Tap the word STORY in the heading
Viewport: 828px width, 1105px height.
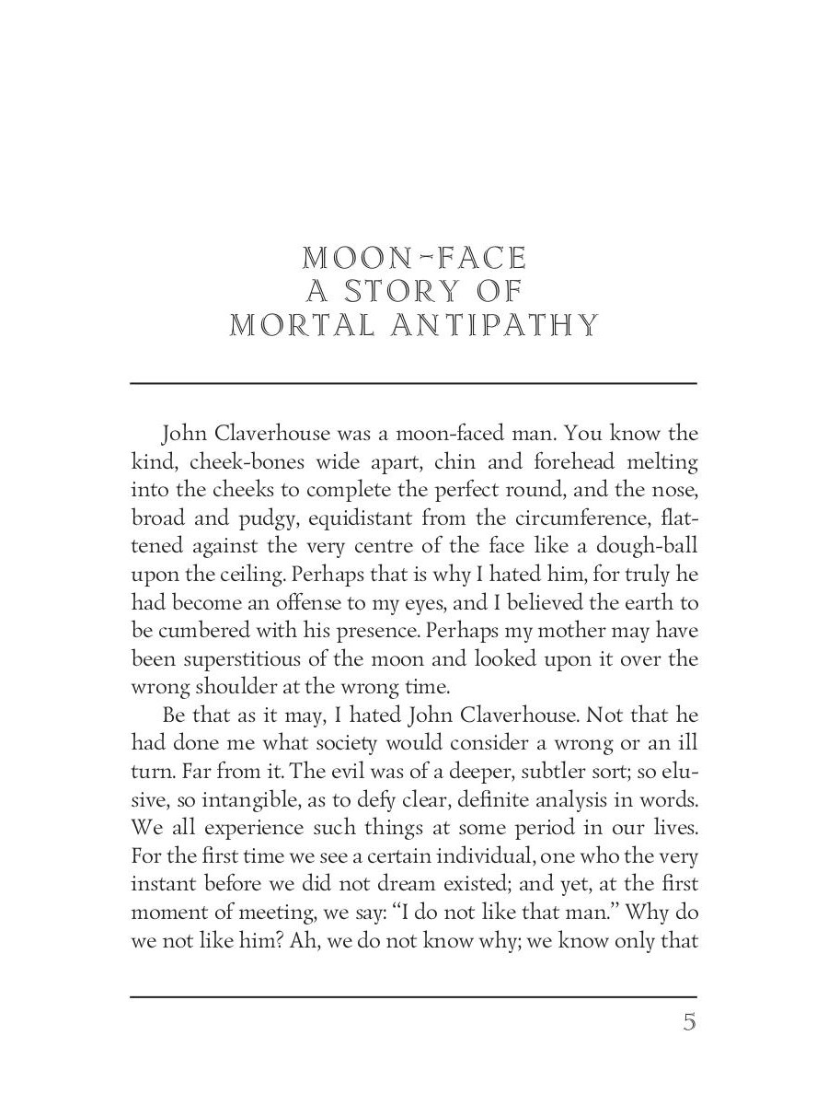(x=415, y=291)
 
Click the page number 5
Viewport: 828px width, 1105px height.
(x=689, y=1023)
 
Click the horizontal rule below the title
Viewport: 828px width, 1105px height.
(x=414, y=383)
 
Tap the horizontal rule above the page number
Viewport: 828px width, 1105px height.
(x=414, y=996)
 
